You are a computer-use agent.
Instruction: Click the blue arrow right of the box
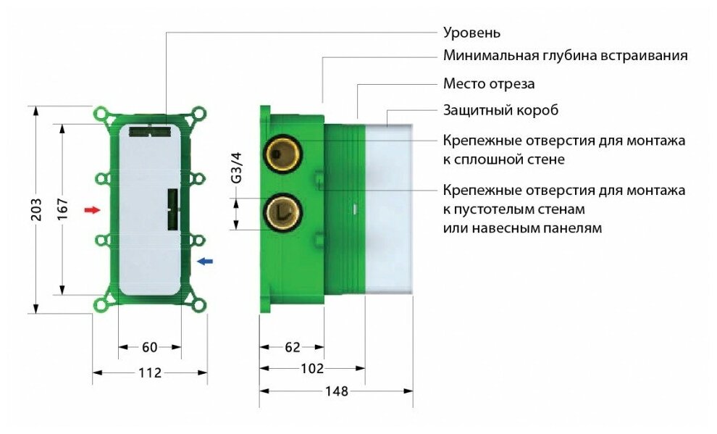pyautogui.click(x=206, y=261)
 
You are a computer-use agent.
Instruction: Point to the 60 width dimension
pyautogui.click(x=149, y=348)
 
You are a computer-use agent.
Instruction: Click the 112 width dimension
pyautogui.click(x=149, y=373)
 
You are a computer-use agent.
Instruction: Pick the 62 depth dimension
pyautogui.click(x=292, y=348)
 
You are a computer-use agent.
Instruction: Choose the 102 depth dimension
pyautogui.click(x=311, y=369)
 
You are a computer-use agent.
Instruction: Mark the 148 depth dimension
pyautogui.click(x=337, y=391)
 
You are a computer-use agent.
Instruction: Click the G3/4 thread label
pyautogui.click(x=235, y=168)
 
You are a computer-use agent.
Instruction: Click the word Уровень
pyautogui.click(x=471, y=33)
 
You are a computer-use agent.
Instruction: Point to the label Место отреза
pyautogui.click(x=489, y=83)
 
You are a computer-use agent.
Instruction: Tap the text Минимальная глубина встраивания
pyautogui.click(x=565, y=56)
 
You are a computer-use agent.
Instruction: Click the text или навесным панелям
pyautogui.click(x=521, y=228)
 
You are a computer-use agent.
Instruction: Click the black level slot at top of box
pyautogui.click(x=150, y=132)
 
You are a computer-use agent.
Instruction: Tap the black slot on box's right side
pyautogui.click(x=172, y=210)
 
